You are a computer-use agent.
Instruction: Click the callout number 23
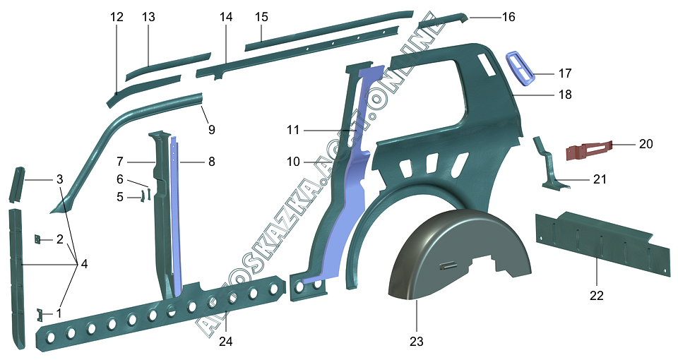[x=416, y=342]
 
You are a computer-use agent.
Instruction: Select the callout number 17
[x=565, y=73]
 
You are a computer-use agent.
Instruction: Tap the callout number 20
[x=646, y=143]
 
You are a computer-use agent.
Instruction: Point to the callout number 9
[x=211, y=130]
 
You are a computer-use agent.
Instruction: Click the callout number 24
[x=225, y=342]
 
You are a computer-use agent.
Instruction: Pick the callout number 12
[x=117, y=17]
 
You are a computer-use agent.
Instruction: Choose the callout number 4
[x=84, y=263]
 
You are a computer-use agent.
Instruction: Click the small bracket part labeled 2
[x=37, y=239]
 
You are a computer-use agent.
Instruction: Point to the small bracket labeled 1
[x=40, y=315]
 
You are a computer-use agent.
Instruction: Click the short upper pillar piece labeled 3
[x=17, y=184]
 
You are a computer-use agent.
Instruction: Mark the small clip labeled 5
[x=141, y=197]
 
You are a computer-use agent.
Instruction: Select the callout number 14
[x=226, y=17]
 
